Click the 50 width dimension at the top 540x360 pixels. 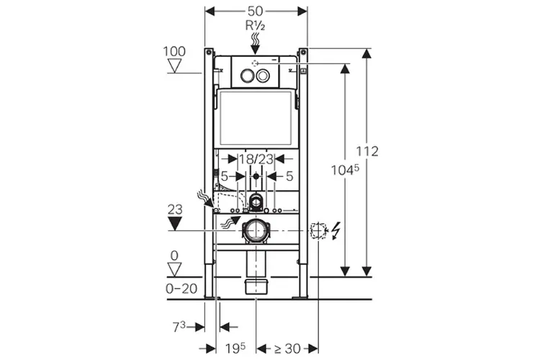click(256, 12)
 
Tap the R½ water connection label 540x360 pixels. click(256, 27)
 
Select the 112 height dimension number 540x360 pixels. click(367, 151)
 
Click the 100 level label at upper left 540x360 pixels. click(174, 52)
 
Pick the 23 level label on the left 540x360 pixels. click(174, 210)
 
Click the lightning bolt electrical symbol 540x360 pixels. click(337, 230)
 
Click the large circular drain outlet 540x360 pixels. click(256, 230)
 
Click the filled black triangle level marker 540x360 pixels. click(174, 224)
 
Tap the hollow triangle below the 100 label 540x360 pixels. click(174, 66)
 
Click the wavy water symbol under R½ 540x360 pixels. click(256, 42)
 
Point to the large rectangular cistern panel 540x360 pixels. click(256, 117)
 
